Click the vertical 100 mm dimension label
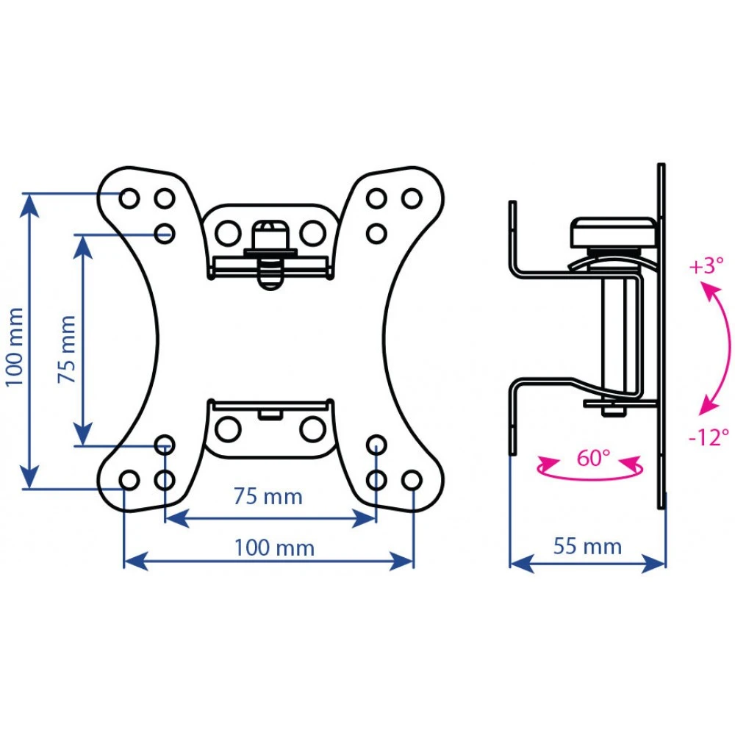pos(15,347)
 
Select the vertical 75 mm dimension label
pos(67,349)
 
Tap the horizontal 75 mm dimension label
pos(268,496)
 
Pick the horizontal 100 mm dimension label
pos(274,548)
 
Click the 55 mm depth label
pos(587,547)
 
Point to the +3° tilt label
pos(706,265)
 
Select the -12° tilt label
pos(709,437)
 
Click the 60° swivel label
pos(593,457)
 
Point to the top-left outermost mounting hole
pos(129,198)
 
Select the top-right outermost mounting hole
pos(412,198)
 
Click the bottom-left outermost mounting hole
pos(129,480)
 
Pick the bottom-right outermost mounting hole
pos(412,480)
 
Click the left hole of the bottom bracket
pos(228,429)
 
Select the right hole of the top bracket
pos(312,232)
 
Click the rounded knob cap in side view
pos(614,232)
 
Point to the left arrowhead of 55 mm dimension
pos(521,563)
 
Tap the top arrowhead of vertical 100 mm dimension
pos(30,205)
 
